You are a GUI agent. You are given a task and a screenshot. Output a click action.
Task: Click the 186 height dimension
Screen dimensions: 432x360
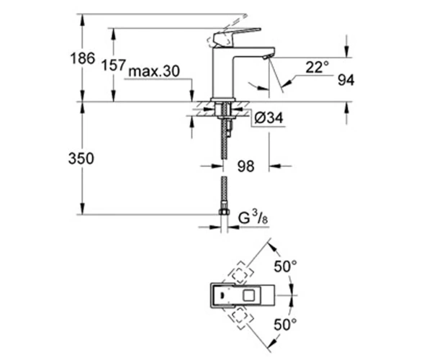point(83,58)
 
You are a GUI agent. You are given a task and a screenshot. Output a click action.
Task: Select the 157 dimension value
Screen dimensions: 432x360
point(113,66)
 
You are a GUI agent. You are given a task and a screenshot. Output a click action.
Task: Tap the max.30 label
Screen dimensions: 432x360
point(154,71)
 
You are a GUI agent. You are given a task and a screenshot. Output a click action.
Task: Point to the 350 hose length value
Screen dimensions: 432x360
point(81,158)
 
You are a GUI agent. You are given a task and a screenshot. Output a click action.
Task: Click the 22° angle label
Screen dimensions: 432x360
point(317,67)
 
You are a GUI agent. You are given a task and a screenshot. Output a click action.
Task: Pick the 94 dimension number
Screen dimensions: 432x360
point(346,80)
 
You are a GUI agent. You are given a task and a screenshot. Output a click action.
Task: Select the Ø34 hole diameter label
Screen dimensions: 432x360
point(269,118)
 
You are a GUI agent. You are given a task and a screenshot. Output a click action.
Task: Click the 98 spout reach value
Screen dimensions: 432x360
point(246,166)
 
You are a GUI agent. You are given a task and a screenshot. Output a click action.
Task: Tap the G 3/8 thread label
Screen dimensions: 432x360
point(253,218)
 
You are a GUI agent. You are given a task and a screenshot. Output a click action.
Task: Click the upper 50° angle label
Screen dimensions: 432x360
point(285,266)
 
